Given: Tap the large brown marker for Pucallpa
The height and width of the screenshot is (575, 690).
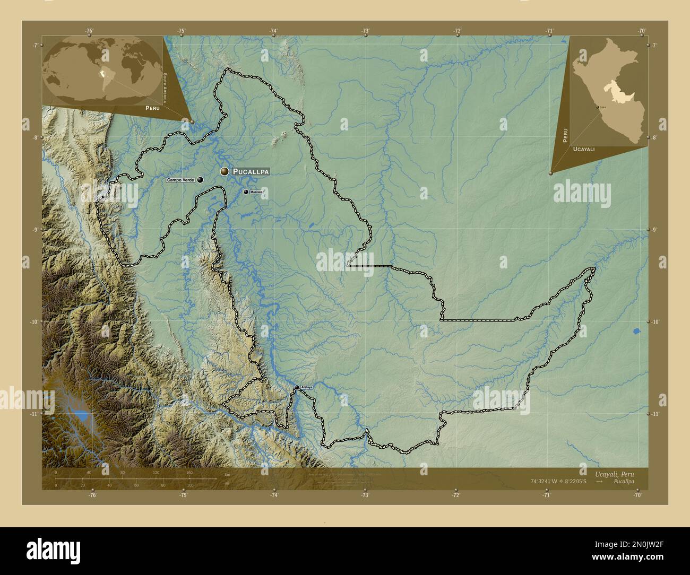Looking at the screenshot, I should [225, 171].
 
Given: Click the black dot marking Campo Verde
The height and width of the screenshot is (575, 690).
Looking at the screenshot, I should [200, 180].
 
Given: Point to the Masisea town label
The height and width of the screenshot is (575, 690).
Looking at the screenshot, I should [256, 192].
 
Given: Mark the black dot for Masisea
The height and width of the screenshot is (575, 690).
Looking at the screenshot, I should [246, 192].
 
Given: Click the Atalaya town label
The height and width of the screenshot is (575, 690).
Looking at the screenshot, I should [306, 388].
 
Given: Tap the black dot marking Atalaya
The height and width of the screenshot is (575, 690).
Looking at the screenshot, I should [297, 388].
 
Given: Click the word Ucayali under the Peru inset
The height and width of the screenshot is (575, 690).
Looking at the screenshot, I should [584, 150].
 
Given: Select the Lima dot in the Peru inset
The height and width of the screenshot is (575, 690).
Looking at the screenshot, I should [598, 107].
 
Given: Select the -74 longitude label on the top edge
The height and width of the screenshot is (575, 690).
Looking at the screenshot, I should [274, 31].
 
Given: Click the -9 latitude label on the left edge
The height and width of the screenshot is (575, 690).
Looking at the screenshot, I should [35, 230].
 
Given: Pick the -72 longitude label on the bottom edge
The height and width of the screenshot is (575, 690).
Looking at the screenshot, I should [455, 495].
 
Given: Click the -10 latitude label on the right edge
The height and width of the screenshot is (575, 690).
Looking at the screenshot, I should [655, 321].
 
